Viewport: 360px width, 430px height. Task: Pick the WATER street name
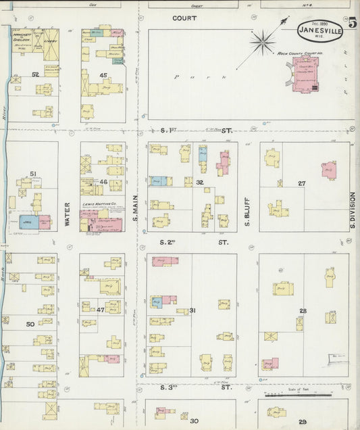pyautogui.click(x=68, y=216)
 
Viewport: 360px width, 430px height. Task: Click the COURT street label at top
pyautogui.click(x=183, y=18)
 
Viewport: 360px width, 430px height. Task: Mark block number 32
pyautogui.click(x=200, y=183)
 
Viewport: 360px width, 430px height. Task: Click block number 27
pyautogui.click(x=302, y=183)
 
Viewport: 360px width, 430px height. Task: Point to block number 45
pyautogui.click(x=103, y=76)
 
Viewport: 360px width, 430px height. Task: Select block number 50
pyautogui.click(x=30, y=325)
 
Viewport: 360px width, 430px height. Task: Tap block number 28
pyautogui.click(x=303, y=310)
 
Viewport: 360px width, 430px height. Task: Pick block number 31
pyautogui.click(x=193, y=310)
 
